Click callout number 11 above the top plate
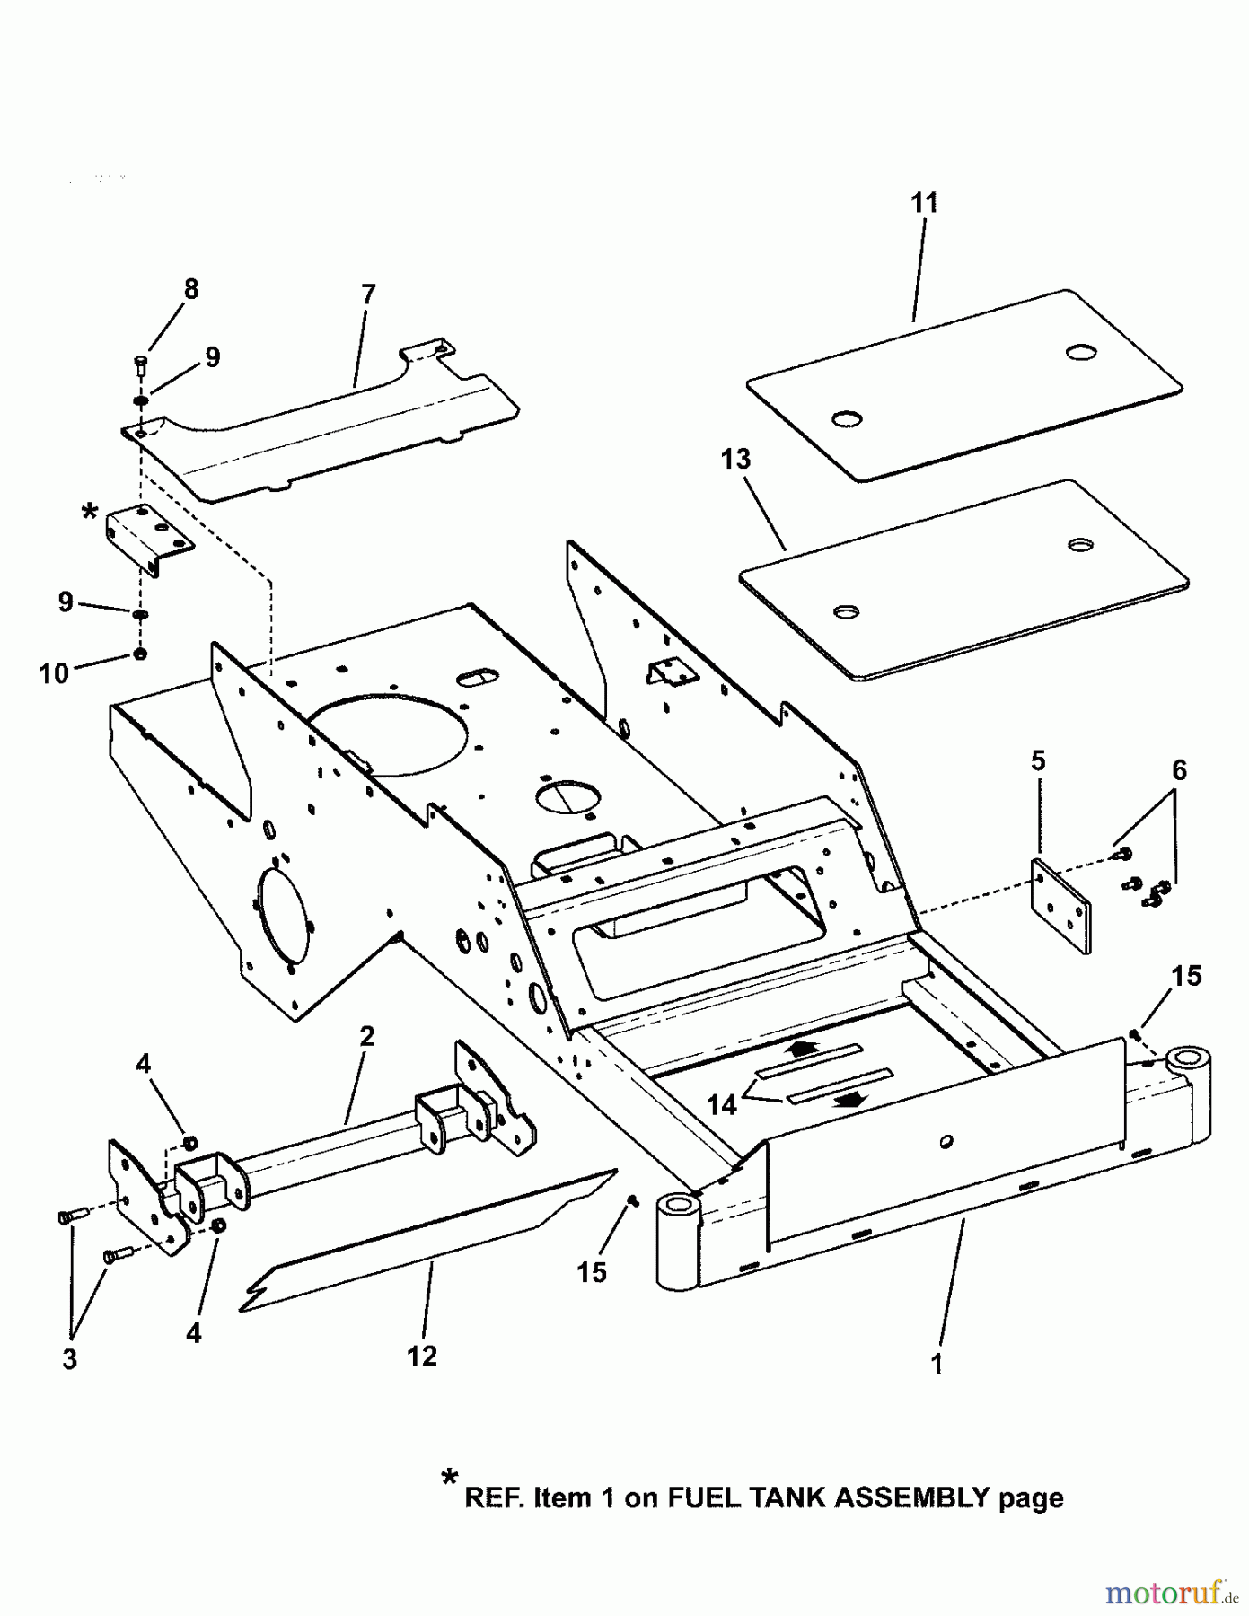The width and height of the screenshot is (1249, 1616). coord(924,203)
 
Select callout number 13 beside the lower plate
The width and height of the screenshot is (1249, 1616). coord(735,459)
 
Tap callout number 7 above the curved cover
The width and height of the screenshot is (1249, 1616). coord(368,294)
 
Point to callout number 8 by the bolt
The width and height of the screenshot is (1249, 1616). coord(190,289)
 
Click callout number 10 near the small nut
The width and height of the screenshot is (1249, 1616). coord(54,673)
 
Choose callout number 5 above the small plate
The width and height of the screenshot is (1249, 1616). coord(1037,761)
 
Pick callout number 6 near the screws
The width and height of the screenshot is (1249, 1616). coord(1179,770)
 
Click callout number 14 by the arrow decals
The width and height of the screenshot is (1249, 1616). coord(721,1105)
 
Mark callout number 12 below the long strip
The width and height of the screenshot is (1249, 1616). coord(422,1356)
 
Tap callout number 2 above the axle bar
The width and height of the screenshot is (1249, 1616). coord(366,1036)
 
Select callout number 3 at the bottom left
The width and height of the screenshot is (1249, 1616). coord(69,1359)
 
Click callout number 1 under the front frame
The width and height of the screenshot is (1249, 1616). coord(937,1364)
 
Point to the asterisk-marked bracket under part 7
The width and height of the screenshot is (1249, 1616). coord(149,539)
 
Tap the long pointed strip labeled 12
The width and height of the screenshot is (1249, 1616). coord(422,1239)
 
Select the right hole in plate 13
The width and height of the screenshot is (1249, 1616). coord(1081,545)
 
